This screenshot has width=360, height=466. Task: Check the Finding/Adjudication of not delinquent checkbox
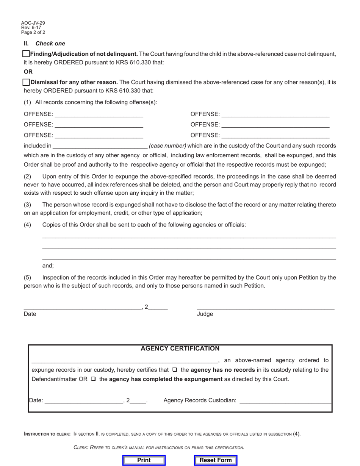click(x=26, y=54)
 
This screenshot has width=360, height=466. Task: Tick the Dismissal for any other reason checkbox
click(x=26, y=82)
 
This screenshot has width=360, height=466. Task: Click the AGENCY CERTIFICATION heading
click(x=180, y=349)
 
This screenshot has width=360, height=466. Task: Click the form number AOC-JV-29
click(x=33, y=23)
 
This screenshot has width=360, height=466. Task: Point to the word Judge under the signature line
click(x=205, y=314)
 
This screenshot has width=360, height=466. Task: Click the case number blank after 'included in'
click(x=100, y=146)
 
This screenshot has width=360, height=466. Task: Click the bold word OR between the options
click(x=28, y=72)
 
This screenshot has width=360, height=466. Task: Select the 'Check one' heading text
click(x=50, y=44)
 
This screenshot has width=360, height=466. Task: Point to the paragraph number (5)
click(x=28, y=278)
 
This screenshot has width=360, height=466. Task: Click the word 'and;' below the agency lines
click(x=48, y=266)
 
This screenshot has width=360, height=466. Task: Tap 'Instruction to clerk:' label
click(x=47, y=434)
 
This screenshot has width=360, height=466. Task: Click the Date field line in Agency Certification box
click(x=84, y=400)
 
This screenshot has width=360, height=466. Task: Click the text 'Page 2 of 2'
click(x=33, y=33)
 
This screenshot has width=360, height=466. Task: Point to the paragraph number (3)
click(x=28, y=205)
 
